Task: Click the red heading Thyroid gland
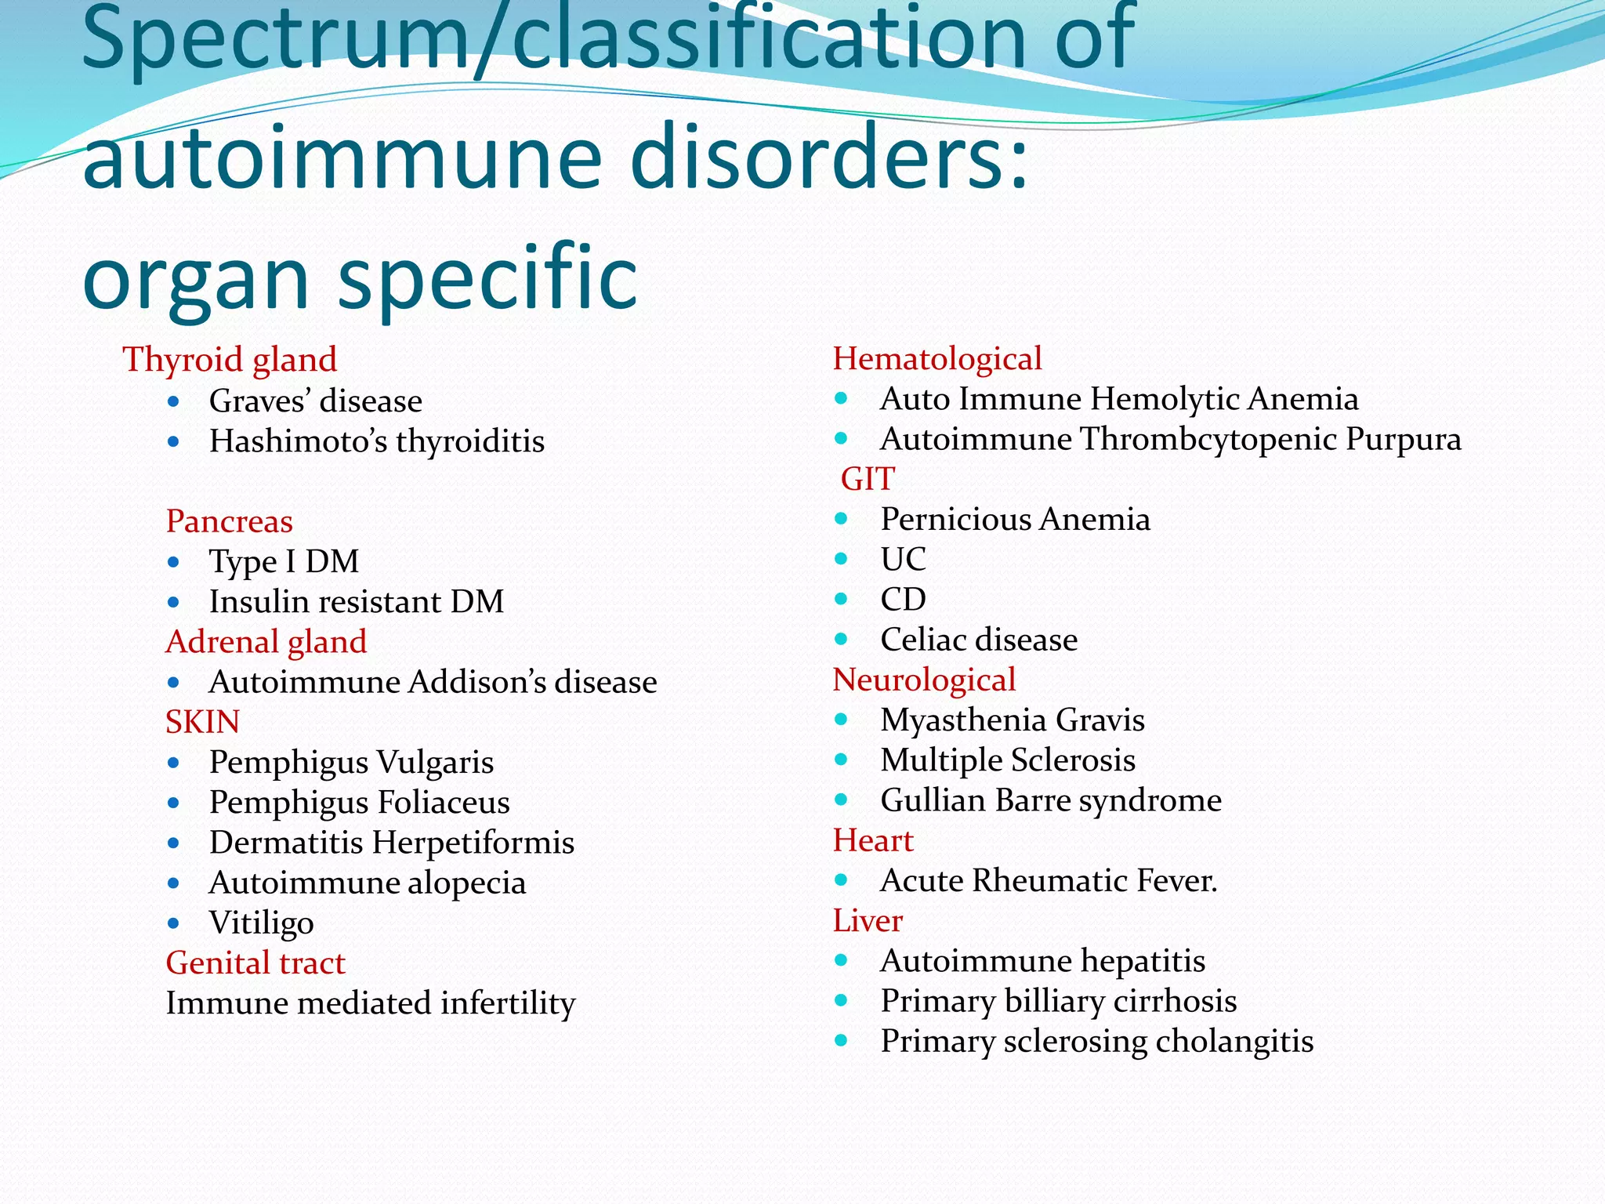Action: [x=230, y=360]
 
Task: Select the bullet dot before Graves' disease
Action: [x=174, y=402]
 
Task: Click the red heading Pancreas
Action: [x=229, y=521]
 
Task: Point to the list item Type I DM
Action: [x=284, y=561]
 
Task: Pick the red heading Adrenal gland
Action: [x=266, y=642]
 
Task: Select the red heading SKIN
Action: [x=202, y=722]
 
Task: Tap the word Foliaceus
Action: [x=444, y=803]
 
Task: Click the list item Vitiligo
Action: [x=261, y=923]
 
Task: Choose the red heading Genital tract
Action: [x=255, y=963]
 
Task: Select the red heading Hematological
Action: [x=937, y=359]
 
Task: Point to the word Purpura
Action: [x=1403, y=439]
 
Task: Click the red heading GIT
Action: [x=868, y=479]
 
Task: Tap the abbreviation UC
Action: [x=903, y=560]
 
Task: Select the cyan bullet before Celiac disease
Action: [x=842, y=640]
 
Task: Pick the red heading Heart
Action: [x=873, y=840]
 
